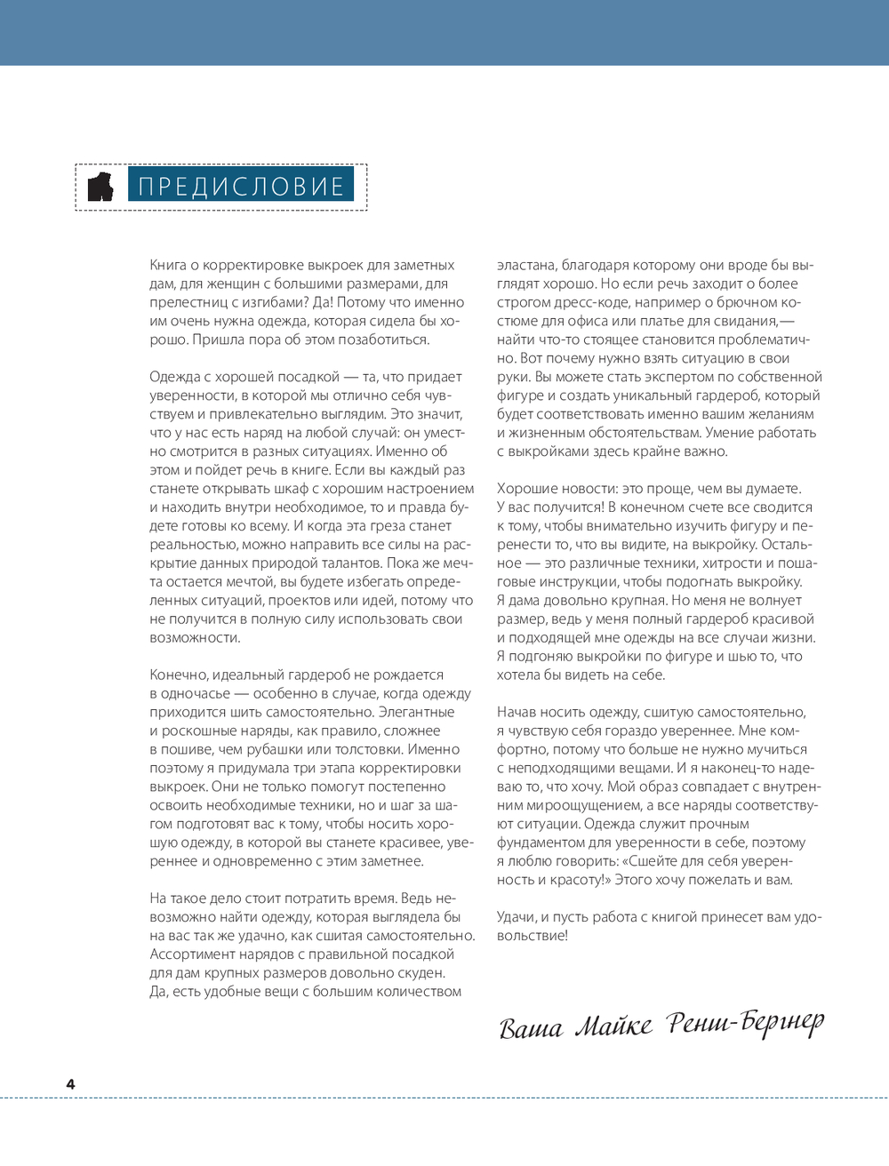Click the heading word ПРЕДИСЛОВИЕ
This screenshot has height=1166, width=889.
(241, 187)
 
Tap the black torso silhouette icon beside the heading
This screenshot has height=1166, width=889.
(100, 187)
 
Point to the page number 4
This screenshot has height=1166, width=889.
(70, 1083)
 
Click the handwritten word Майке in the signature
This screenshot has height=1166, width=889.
(613, 1027)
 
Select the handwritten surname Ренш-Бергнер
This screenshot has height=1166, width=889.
(746, 1025)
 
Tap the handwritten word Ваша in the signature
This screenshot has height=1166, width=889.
(531, 1029)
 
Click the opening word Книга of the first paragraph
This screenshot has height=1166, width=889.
(168, 265)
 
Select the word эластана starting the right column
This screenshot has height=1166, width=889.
(525, 265)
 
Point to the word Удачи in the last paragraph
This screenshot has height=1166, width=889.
(517, 916)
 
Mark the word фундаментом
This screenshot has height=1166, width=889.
(540, 843)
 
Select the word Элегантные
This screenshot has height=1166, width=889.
(416, 712)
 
